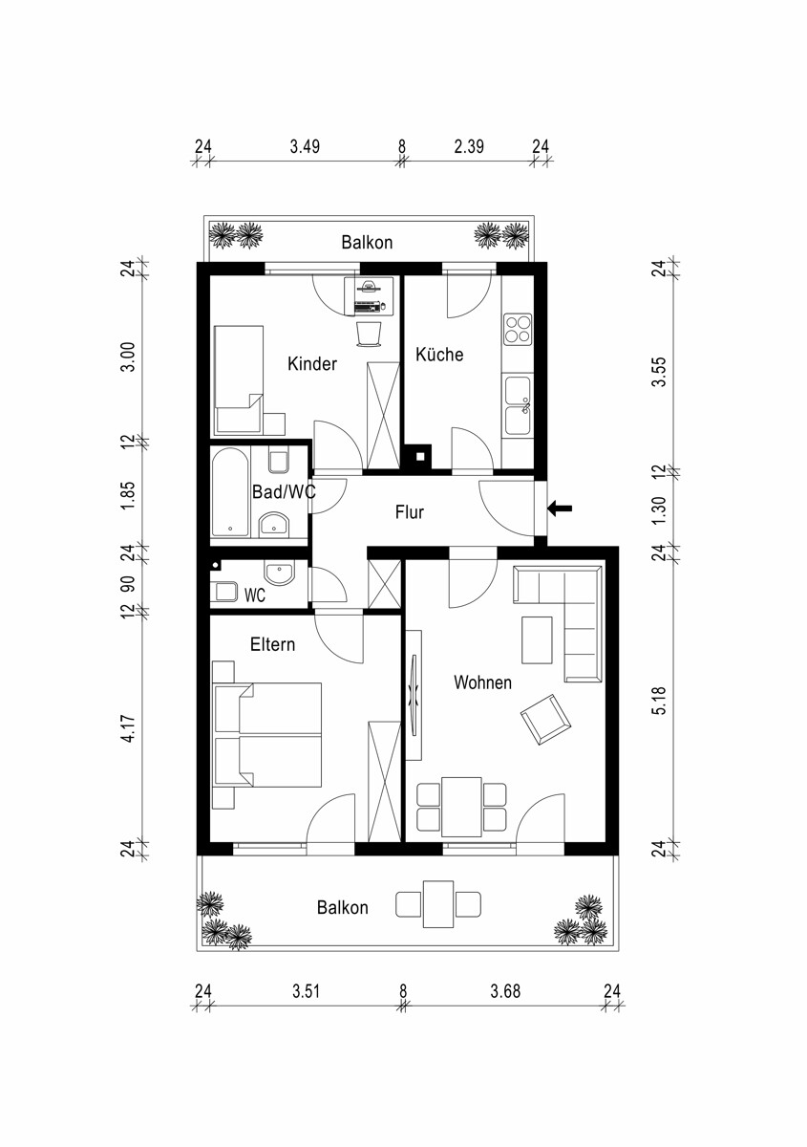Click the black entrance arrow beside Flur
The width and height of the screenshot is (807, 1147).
click(x=560, y=509)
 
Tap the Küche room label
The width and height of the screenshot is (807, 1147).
click(x=439, y=355)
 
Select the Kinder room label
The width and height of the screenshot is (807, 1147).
click(x=312, y=364)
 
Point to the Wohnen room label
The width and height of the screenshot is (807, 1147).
click(x=482, y=682)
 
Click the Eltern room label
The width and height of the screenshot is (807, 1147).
click(x=273, y=644)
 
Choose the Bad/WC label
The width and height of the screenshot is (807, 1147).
click(x=284, y=492)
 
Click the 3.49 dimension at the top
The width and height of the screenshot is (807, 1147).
click(x=305, y=147)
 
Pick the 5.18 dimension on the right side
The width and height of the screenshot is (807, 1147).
click(x=660, y=701)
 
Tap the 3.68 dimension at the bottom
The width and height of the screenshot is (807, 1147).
click(x=505, y=990)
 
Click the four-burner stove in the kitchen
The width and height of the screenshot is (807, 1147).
click(x=518, y=329)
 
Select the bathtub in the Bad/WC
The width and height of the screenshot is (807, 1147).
click(x=231, y=492)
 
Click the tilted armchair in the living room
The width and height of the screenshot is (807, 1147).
click(x=545, y=720)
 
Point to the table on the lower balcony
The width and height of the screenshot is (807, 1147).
click(x=438, y=904)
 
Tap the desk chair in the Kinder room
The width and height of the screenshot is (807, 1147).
click(x=368, y=334)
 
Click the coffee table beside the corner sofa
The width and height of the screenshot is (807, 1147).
click(x=537, y=640)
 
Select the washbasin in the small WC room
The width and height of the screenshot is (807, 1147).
click(x=278, y=573)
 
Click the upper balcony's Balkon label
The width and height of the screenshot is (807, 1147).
click(x=367, y=242)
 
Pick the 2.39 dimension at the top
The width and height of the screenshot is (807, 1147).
click(x=469, y=147)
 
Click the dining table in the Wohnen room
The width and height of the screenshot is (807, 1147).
click(x=461, y=807)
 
